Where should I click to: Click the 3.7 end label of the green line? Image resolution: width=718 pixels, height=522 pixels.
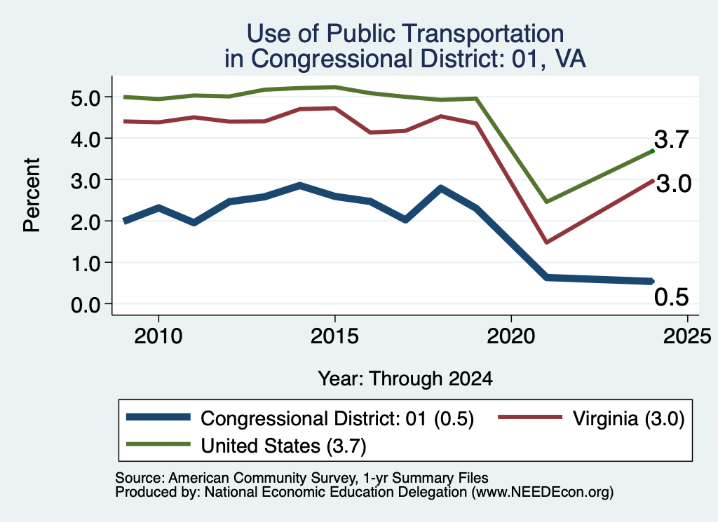coord(671,139)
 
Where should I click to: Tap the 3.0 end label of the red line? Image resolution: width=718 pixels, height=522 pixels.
coord(674,184)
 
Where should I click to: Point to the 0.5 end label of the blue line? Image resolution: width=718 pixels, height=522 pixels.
coord(671,297)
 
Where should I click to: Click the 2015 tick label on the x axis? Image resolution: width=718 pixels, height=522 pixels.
coord(334,337)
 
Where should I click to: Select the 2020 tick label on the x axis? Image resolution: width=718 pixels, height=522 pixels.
coord(511,337)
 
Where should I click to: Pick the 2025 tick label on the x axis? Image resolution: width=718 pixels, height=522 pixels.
coord(687,337)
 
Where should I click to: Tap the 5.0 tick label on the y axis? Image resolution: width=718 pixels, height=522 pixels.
coord(86,97)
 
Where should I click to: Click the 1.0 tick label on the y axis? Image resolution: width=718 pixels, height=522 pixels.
coord(86,263)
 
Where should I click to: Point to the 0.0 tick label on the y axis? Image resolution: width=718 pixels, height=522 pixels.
coord(86,305)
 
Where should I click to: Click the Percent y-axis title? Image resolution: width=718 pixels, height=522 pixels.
coord(32,195)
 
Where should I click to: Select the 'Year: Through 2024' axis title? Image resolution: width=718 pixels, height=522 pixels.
coord(405,379)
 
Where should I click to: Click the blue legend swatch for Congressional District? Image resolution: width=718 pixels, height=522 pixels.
coord(158,417)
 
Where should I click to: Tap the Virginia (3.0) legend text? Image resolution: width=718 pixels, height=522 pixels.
coord(628,418)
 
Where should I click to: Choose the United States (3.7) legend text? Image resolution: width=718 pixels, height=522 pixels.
coord(283,446)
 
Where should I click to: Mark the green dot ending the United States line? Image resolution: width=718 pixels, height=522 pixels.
coord(652,151)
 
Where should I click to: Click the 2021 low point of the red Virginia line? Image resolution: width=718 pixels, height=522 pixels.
coord(546,242)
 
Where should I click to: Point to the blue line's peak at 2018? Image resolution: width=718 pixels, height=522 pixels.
coord(440,188)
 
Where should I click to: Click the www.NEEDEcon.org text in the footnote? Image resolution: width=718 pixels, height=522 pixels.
coord(543,493)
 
